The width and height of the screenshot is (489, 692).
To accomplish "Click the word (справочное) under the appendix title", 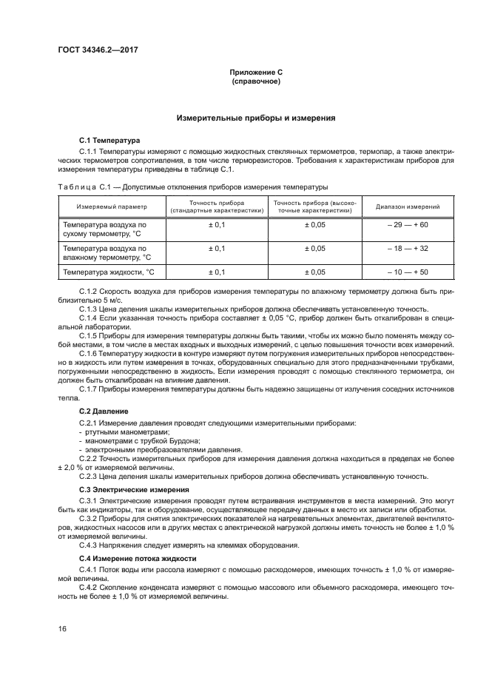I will [x=255, y=81].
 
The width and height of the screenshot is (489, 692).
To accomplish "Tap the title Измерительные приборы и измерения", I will [x=255, y=117].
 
